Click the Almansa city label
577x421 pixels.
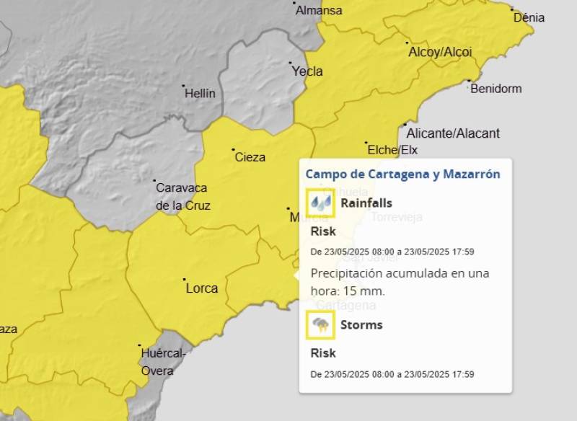pos(320,10)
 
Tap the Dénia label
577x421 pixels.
pos(529,18)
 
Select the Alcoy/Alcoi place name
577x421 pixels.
pos(440,52)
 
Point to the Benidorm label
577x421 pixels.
pos(495,89)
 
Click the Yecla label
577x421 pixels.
pos(307,71)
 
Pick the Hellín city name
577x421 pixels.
pos(200,94)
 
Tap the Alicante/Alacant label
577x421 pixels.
pos(453,133)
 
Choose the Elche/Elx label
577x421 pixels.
pos(392,150)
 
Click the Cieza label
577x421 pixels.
pos(250,157)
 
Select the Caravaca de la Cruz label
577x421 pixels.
pos(182,196)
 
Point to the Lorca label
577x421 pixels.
pos(202,288)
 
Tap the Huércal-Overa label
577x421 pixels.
pos(163,362)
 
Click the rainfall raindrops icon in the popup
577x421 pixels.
pos(321,203)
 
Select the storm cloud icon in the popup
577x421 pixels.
pos(321,325)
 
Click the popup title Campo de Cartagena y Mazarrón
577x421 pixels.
pos(402,174)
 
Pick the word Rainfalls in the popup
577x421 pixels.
pos(366,203)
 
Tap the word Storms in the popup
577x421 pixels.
pos(361,324)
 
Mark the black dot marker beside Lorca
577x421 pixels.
pos(184,280)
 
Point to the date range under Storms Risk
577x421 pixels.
pos(392,374)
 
